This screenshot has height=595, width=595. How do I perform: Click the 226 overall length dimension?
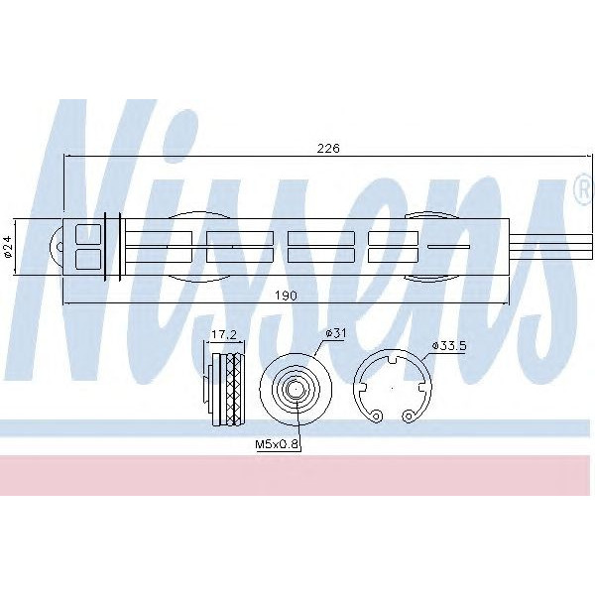(x=328, y=148)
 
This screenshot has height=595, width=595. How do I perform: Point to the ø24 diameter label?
(x=9, y=245)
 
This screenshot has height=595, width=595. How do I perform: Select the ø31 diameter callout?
(x=335, y=333)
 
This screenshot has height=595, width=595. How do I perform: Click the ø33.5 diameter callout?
(x=449, y=346)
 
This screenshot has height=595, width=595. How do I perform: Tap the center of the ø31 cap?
(x=295, y=390)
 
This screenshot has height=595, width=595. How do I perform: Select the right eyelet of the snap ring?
(x=409, y=414)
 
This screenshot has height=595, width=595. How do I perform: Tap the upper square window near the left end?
(x=88, y=234)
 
